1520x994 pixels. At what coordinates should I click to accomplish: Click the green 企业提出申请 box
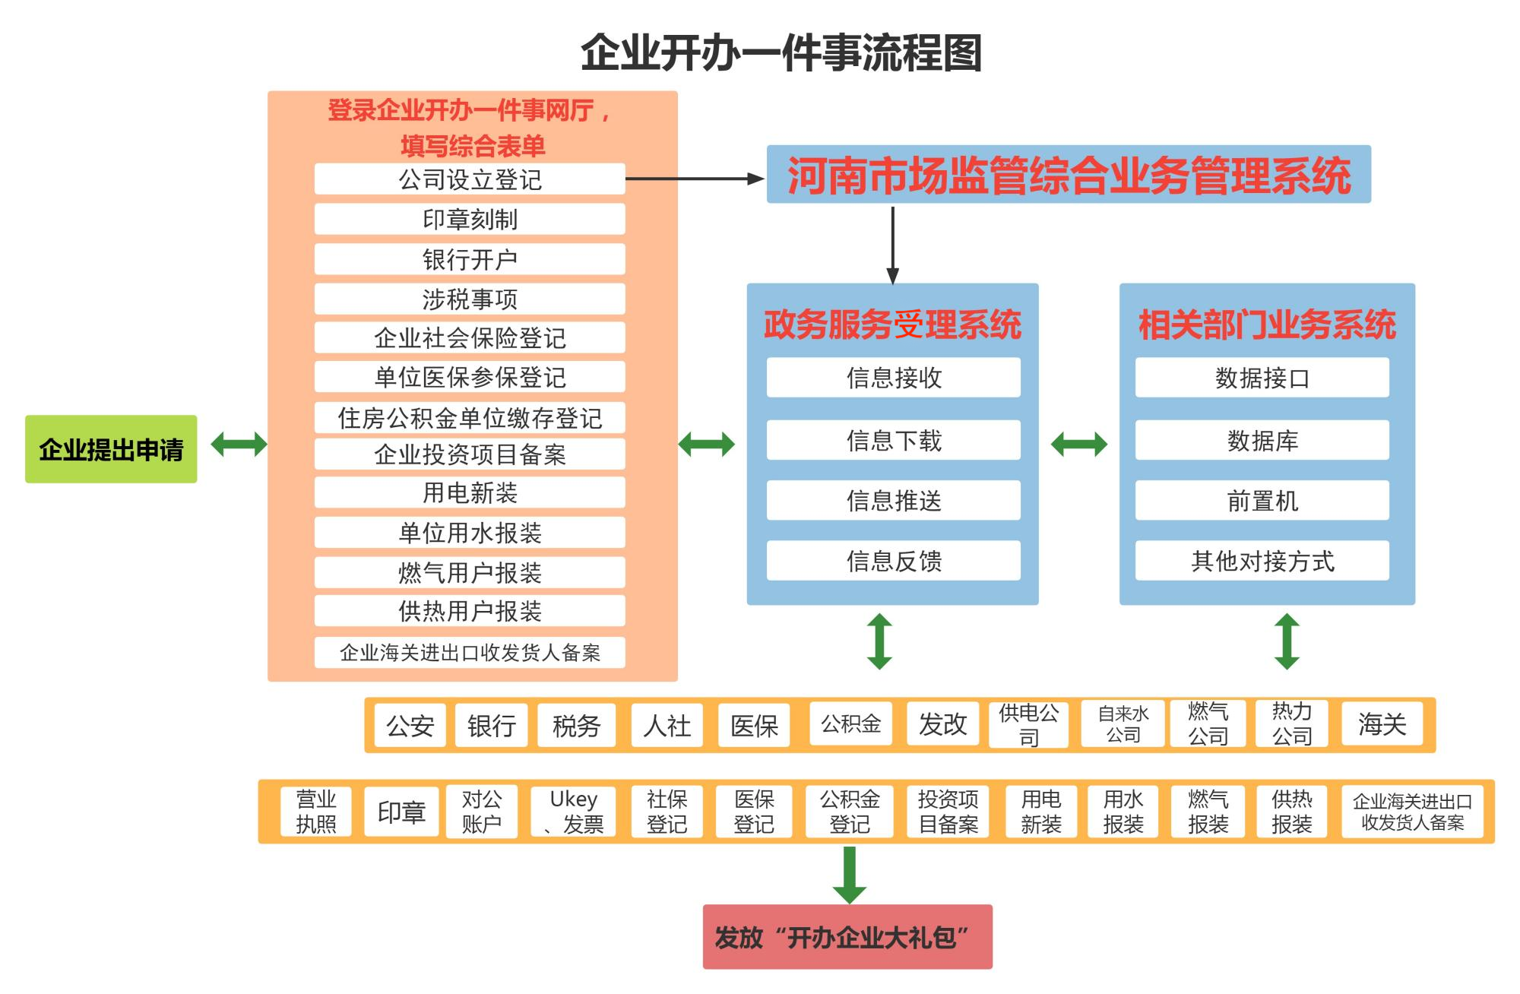[111, 449]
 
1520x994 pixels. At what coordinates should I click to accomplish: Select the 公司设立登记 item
[470, 179]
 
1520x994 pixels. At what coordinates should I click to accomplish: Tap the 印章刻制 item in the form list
[470, 219]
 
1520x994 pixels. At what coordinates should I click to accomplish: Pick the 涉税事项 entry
[470, 299]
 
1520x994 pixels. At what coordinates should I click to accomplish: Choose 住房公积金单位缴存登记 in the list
[470, 417]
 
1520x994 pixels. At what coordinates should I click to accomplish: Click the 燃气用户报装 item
[470, 572]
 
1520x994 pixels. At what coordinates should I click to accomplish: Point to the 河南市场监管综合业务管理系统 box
[1069, 174]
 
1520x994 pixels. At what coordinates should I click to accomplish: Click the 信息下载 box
[894, 440]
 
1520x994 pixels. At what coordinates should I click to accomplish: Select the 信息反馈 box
[894, 561]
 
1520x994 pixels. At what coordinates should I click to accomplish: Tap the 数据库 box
[1262, 440]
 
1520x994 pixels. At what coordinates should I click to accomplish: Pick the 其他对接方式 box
[1262, 561]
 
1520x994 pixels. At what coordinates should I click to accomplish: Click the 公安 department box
[410, 726]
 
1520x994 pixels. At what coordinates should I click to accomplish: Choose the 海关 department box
[1382, 724]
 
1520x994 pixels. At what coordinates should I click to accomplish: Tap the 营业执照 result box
[316, 812]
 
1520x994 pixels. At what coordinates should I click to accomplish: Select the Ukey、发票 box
[573, 812]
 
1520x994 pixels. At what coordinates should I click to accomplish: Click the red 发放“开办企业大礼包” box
[847, 937]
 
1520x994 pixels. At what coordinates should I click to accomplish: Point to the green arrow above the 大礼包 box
[849, 875]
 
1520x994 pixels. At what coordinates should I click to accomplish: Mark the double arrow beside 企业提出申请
[239, 444]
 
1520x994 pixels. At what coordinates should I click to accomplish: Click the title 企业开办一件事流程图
[781, 52]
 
